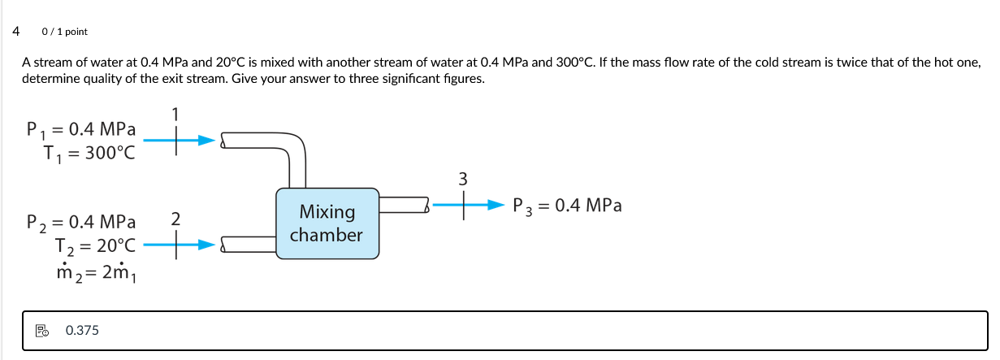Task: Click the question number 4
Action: pyautogui.click(x=16, y=32)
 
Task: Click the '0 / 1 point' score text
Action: pyautogui.click(x=64, y=32)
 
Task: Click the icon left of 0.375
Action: pyautogui.click(x=42, y=331)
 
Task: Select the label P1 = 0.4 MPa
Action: pyautogui.click(x=81, y=129)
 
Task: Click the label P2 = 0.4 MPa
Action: pyautogui.click(x=81, y=221)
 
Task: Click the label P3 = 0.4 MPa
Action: pyautogui.click(x=567, y=206)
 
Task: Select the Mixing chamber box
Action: pyautogui.click(x=327, y=223)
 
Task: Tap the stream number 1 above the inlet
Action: pyautogui.click(x=175, y=113)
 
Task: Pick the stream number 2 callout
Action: pyautogui.click(x=175, y=218)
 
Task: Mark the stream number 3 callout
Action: pyautogui.click(x=463, y=179)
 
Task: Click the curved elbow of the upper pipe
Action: pyautogui.click(x=294, y=148)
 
